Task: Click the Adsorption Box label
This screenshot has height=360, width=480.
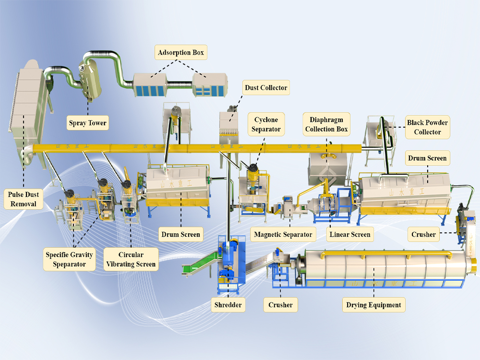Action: [x=181, y=52]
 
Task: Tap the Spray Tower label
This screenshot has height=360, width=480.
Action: [x=87, y=123]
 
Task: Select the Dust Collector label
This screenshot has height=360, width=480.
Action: [x=266, y=87]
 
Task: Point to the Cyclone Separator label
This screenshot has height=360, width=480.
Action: [x=266, y=123]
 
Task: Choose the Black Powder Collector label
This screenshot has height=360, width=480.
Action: [x=427, y=127]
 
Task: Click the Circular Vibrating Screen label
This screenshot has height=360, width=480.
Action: [x=131, y=259]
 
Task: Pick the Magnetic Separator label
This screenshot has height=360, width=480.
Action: [x=283, y=235]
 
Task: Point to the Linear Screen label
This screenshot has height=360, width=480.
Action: [x=350, y=235]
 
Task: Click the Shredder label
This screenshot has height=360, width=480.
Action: [x=228, y=304]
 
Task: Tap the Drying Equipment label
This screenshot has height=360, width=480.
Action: [x=373, y=304]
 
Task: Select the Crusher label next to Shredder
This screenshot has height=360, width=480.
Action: [x=280, y=304]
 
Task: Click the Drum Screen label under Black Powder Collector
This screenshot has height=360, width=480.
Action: [x=427, y=158]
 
